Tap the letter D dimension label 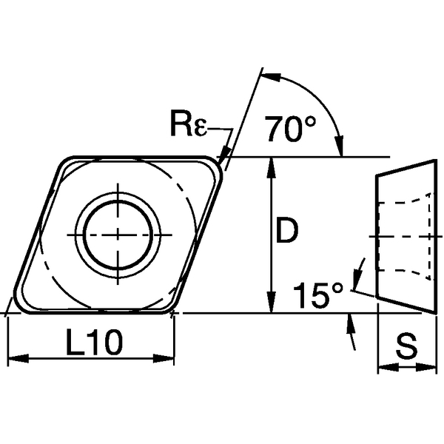coord(285,232)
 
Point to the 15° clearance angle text coord(316,296)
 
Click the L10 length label coord(92,342)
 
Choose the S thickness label coord(405,346)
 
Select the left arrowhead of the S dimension coord(383,366)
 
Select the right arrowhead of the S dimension coord(428,366)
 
